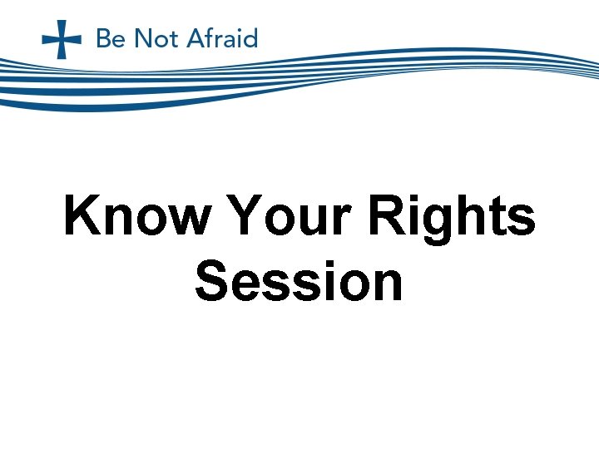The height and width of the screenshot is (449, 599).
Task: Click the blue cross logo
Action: coord(62,39)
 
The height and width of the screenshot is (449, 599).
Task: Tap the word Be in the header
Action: coord(111,39)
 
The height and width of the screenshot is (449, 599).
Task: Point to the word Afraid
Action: coord(220,39)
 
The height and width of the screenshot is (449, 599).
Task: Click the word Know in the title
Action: coord(137,216)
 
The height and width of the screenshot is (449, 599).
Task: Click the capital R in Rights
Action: coord(386,216)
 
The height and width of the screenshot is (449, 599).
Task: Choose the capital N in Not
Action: coord(137,39)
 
